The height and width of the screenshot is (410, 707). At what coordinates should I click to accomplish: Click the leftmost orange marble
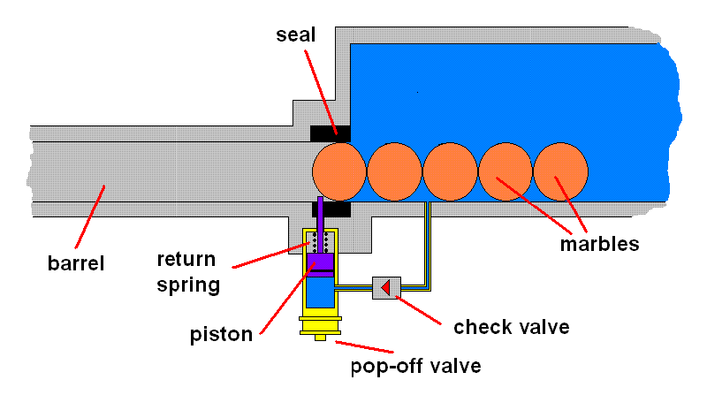coord(338,171)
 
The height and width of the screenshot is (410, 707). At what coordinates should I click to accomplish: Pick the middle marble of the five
coord(450,171)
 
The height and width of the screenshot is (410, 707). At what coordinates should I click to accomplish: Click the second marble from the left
coord(394,171)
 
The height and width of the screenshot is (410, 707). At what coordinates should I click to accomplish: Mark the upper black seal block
coord(330,133)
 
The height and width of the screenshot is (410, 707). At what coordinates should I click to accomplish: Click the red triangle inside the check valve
coord(385,286)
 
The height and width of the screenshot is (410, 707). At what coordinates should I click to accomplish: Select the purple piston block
coord(320,262)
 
